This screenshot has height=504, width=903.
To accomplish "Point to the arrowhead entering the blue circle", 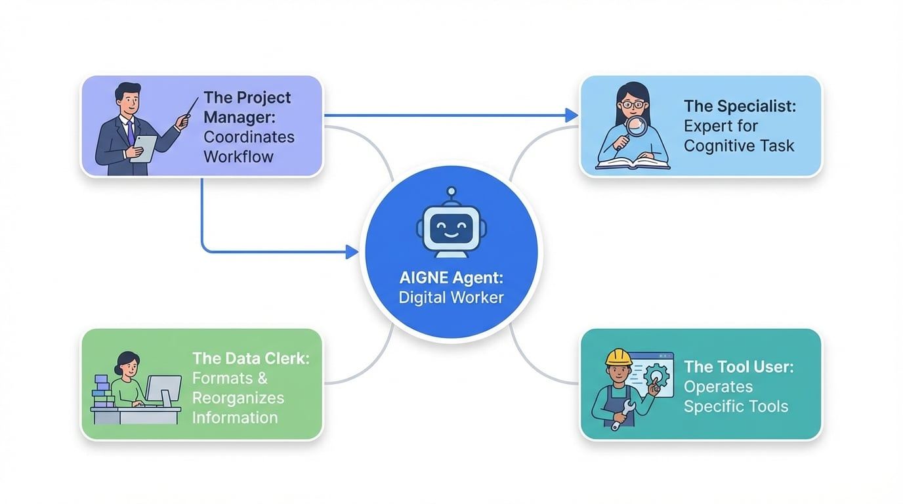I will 352,251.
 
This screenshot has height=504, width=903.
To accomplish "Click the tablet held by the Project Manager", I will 146,148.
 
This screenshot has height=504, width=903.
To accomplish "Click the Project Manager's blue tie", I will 131,132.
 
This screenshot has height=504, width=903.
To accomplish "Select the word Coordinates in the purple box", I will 249,137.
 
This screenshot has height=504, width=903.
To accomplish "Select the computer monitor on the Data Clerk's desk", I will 161,388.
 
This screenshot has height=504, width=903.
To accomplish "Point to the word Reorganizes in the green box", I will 238,398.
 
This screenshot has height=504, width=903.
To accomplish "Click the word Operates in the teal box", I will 718,387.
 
